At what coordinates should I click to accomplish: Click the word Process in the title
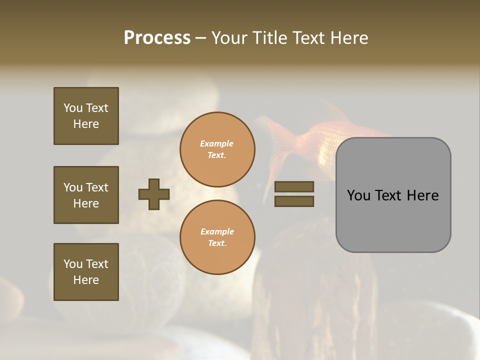point(157,38)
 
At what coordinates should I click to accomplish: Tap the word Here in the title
point(348,38)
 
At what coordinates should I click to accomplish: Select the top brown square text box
point(86,116)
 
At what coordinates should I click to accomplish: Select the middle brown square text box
point(86,195)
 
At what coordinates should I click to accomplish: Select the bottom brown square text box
point(86,272)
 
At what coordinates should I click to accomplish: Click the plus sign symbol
point(154,194)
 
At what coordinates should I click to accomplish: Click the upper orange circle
point(217,149)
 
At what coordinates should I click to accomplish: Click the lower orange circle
point(217,237)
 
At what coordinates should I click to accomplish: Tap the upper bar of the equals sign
point(294,187)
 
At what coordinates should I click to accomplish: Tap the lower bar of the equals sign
point(294,201)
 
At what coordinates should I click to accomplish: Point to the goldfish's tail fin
point(275,150)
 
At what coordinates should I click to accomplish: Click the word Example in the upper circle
point(217,143)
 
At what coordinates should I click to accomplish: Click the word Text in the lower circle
point(216,243)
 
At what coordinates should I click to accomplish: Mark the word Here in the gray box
point(423,195)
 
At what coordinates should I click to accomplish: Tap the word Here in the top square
point(86,124)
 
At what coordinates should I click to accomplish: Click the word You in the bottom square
point(72,264)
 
